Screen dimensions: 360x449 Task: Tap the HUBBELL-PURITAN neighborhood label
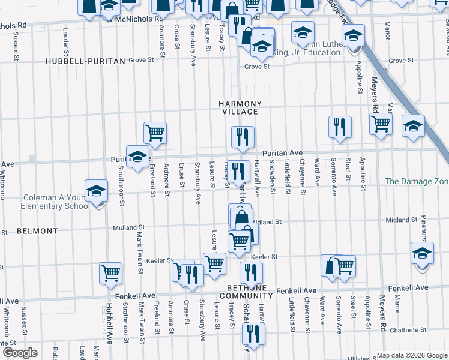coord(85,61)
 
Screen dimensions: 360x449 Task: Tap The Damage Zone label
coord(416,181)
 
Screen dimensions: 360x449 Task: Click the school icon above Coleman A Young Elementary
coord(96,191)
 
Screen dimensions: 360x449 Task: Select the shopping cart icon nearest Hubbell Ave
coord(111,273)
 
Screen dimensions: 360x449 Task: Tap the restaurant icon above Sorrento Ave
coord(340,127)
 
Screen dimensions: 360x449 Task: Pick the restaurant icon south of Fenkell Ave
coord(255,334)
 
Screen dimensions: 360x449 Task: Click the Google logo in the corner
coord(20,352)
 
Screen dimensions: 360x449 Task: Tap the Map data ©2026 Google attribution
coord(412,355)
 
